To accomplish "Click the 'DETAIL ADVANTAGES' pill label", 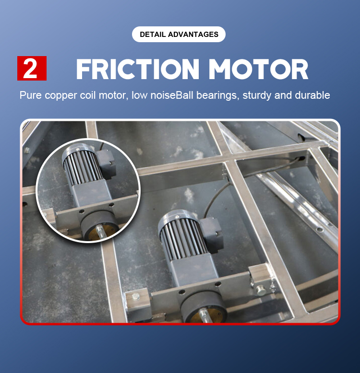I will point(179,35).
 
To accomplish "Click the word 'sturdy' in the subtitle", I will point(257,95).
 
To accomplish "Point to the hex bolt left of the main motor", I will point(136,297).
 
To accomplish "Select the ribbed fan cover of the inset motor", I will point(78,164).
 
